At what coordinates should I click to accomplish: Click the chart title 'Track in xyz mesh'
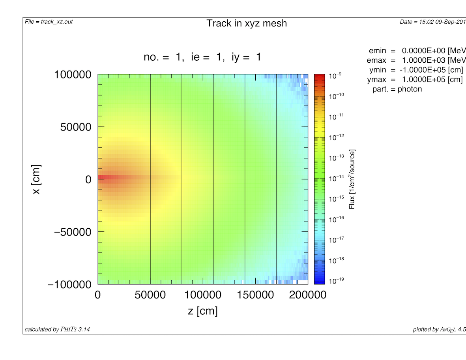(x=247, y=24)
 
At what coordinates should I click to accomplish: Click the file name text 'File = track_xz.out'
(x=49, y=21)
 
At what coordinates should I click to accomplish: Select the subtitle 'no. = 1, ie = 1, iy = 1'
(x=202, y=58)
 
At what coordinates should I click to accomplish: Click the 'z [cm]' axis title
(x=202, y=311)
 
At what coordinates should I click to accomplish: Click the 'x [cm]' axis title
(x=36, y=179)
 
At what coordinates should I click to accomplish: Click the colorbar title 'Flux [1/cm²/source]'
(x=352, y=179)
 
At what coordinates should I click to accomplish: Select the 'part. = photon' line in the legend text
(x=397, y=89)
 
